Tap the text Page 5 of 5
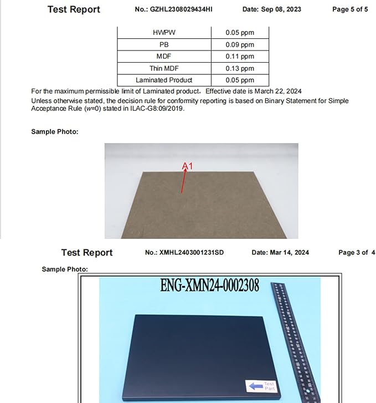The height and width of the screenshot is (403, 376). tap(349, 9)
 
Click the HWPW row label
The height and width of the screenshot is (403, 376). tap(164, 33)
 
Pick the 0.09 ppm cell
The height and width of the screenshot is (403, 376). tap(240, 45)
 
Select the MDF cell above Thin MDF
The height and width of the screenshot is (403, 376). tap(164, 57)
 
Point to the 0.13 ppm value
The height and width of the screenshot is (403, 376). tap(240, 68)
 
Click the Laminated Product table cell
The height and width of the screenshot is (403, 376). tap(164, 80)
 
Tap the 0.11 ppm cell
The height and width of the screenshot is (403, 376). tap(240, 57)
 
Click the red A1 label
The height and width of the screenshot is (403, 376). tap(188, 166)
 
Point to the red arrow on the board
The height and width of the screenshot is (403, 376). tap(183, 182)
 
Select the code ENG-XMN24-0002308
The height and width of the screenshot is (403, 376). tap(209, 286)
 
